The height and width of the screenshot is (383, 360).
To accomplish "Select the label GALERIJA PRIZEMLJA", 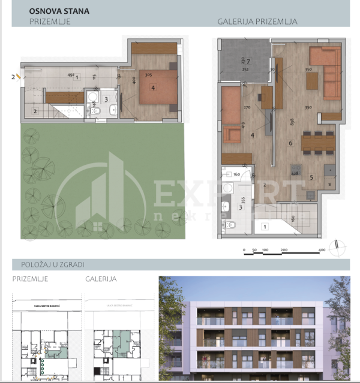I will coord(257,22).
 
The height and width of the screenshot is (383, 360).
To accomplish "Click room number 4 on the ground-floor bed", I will coord(154,88).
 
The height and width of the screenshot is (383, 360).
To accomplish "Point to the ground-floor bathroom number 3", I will coord(106,99).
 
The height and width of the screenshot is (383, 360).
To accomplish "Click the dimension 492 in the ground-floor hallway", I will coord(70,76).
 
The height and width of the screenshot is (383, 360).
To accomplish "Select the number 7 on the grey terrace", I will coord(247,61).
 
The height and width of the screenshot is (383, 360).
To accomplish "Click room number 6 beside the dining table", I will coord(290,143).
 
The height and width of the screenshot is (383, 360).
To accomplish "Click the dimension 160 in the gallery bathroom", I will coord(236,174).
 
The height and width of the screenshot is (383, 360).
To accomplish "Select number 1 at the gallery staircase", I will coord(265,227).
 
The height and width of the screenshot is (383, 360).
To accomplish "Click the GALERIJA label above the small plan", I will coord(101,279).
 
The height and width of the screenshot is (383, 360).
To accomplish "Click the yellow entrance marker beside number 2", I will coord(19,77).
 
